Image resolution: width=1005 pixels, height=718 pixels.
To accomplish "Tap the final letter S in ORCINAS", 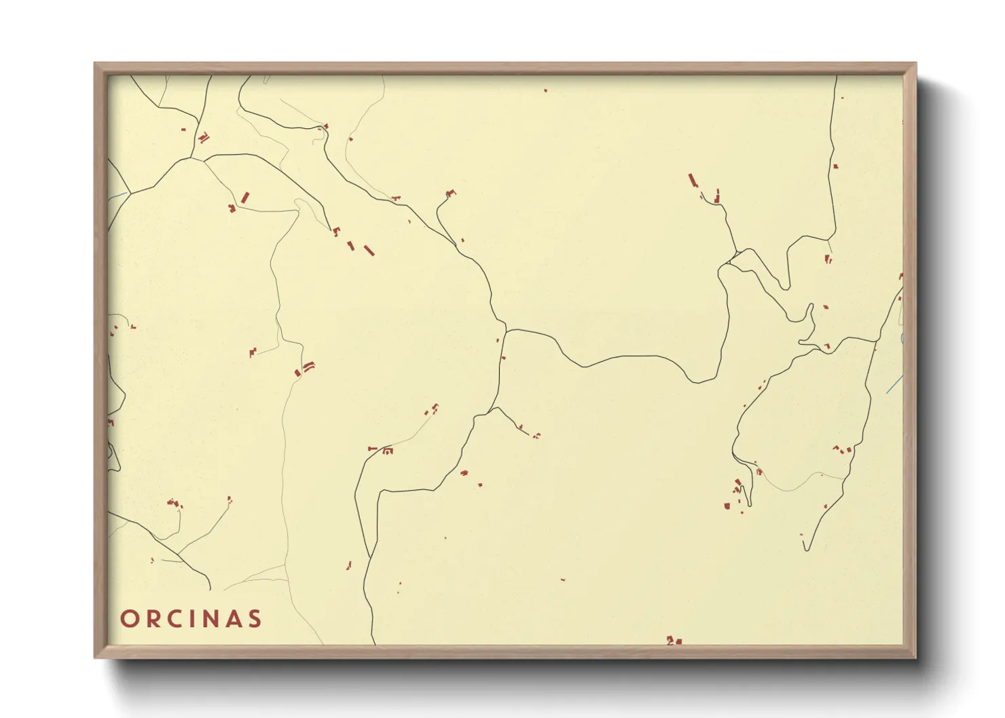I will coord(255,619).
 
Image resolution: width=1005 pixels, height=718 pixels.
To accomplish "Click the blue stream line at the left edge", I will coord(117,197).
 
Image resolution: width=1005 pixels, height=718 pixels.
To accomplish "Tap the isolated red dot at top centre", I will coord(545,90).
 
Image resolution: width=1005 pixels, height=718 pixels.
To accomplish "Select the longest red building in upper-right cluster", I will coord(693,181).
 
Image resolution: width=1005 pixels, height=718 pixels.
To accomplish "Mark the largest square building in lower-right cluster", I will coord(727,506).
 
